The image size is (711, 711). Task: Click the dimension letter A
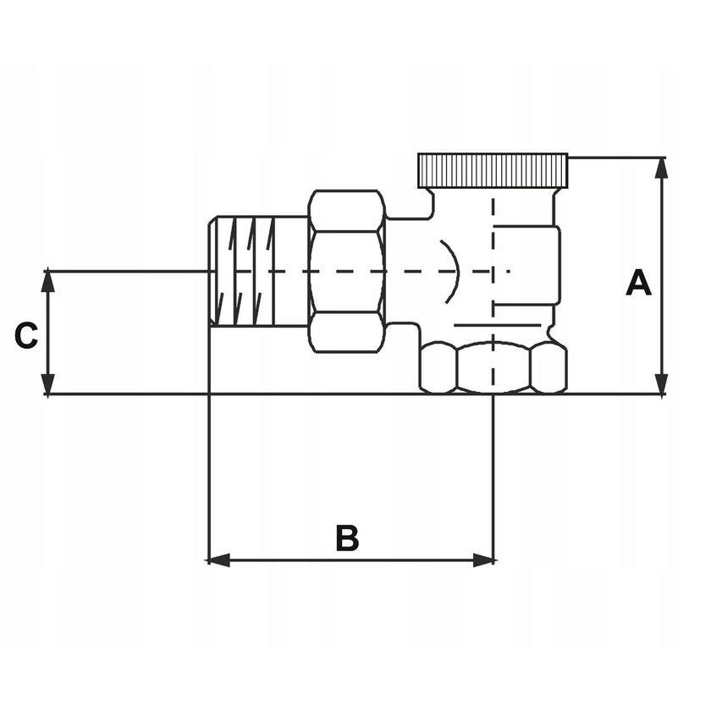coord(639,284)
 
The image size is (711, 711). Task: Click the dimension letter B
coord(347,538)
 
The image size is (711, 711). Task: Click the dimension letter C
coord(26,336)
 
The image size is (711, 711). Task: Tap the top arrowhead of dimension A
coord(662,168)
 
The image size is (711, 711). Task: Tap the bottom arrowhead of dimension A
coord(662,384)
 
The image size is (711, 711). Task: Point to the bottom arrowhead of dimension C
coord(48,384)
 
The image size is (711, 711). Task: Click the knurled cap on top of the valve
coord(493,171)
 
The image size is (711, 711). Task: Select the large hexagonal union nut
coord(347,271)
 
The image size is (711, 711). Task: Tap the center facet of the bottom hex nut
coord(493,368)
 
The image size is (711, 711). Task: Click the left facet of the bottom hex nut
coord(438,369)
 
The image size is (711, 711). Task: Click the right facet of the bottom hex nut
coord(548,369)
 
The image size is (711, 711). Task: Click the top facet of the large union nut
coord(347,209)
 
